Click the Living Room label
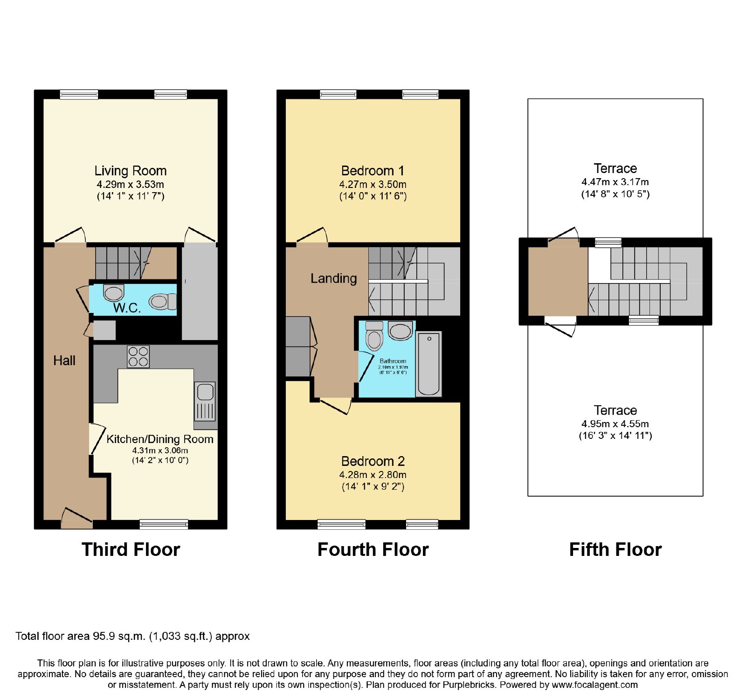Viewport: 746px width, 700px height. click(131, 171)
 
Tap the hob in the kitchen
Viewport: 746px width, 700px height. click(138, 357)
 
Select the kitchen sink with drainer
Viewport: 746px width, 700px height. click(205, 401)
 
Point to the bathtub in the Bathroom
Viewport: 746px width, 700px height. click(429, 364)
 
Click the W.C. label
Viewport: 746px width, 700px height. click(127, 308)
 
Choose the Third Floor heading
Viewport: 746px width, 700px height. click(131, 549)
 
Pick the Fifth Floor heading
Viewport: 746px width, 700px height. click(615, 549)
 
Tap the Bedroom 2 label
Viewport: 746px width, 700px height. click(373, 461)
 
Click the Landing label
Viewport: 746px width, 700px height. click(334, 278)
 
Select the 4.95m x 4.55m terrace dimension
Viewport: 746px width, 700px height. click(615, 424)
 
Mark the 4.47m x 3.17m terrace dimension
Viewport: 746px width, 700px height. click(615, 182)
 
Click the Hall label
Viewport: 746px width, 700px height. click(64, 360)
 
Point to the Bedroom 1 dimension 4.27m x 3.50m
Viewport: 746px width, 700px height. click(373, 184)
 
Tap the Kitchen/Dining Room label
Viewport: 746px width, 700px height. click(160, 439)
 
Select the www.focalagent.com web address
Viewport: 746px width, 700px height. click(595, 685)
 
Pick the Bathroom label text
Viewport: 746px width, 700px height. click(393, 361)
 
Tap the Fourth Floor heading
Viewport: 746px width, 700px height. click(373, 549)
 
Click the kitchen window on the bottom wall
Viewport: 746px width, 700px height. click(164, 525)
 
